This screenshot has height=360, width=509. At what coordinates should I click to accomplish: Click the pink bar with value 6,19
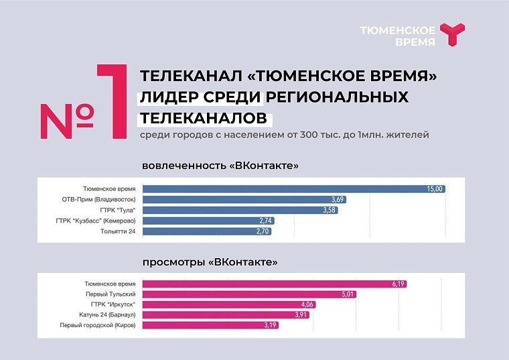click(x=275, y=284)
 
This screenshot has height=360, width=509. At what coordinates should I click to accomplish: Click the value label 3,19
click(x=269, y=325)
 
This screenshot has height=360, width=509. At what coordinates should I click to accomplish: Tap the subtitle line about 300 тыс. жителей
click(x=284, y=135)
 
